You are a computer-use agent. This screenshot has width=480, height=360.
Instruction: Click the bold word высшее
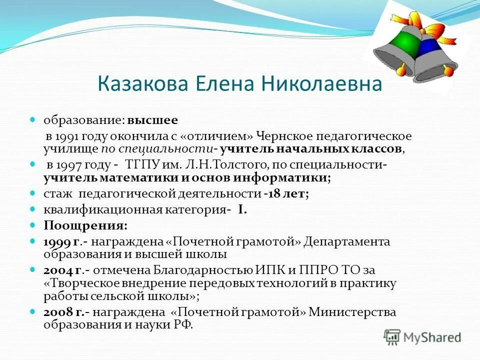152,121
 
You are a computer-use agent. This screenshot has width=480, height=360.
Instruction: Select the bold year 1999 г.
62,241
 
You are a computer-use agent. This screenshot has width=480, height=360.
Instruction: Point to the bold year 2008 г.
63,312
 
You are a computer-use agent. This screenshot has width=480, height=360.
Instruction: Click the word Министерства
352,312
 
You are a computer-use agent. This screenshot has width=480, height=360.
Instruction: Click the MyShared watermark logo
422,337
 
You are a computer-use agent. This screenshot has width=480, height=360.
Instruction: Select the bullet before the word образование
33,120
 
